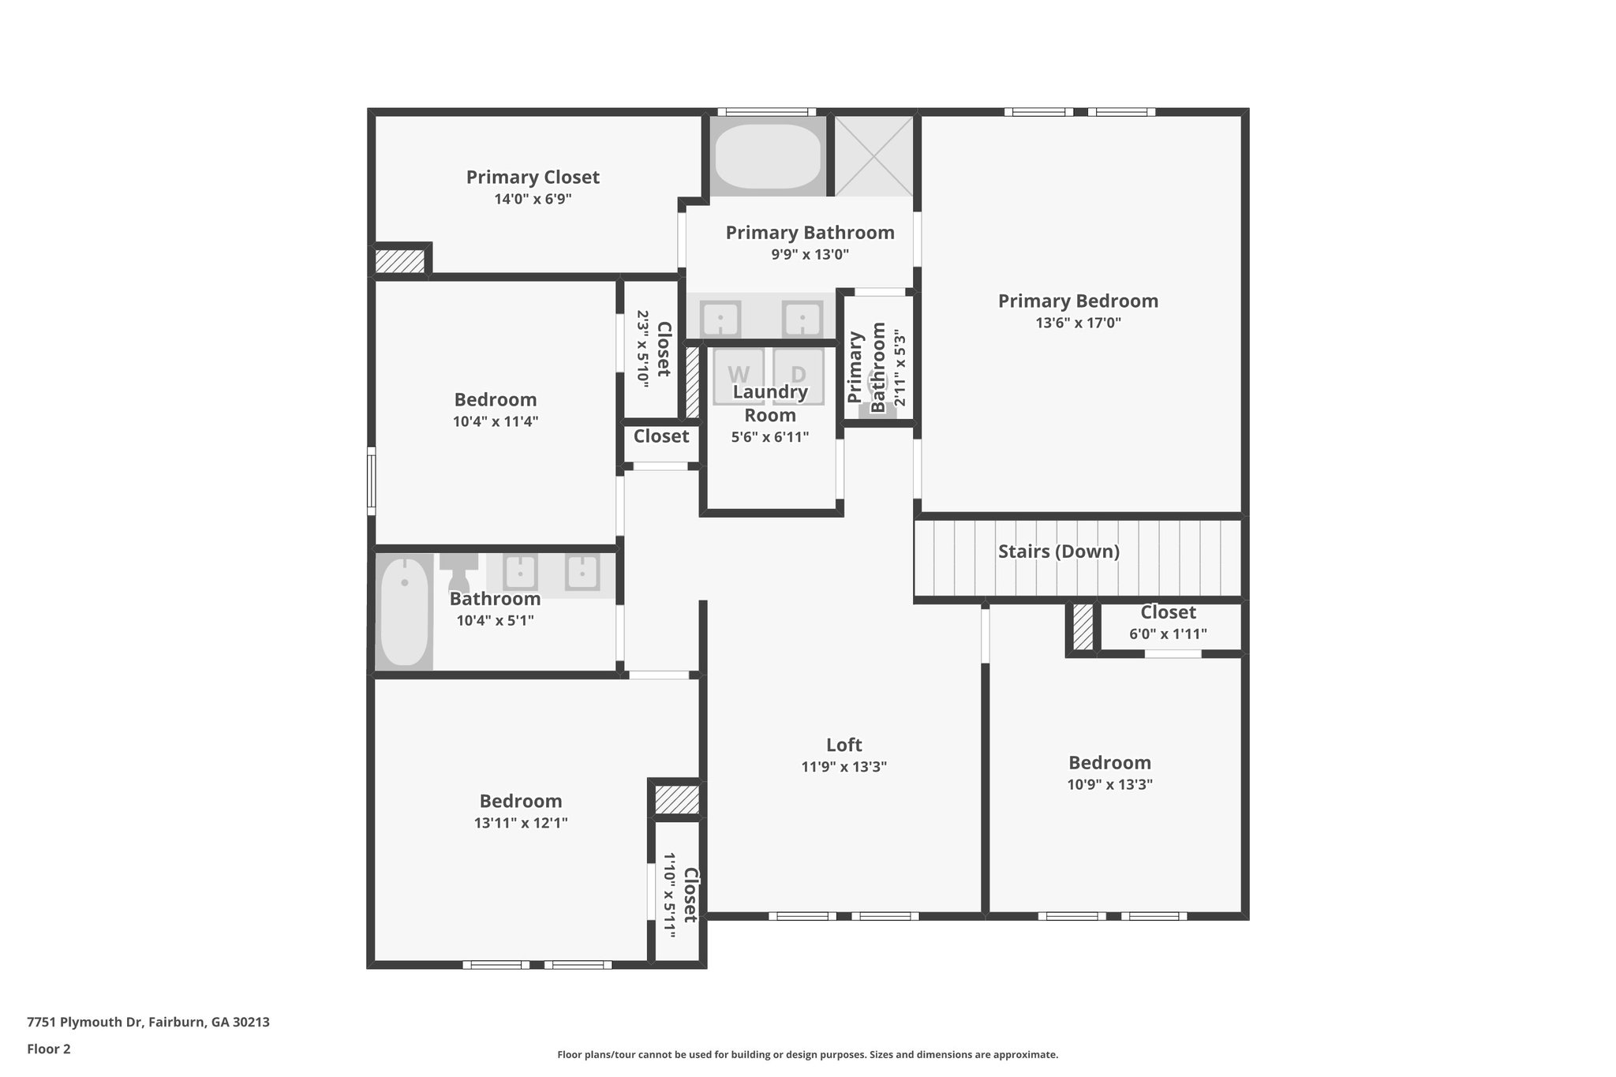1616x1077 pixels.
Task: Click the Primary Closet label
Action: coord(533,178)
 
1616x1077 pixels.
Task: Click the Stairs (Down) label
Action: coord(1058,552)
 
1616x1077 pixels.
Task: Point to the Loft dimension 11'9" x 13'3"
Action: coord(844,767)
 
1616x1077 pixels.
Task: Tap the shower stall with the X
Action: coord(873,156)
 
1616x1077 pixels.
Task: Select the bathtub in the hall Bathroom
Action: coord(404,611)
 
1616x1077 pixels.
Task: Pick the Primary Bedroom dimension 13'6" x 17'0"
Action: coord(1078,323)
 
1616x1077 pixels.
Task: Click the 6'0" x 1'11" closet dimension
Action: coord(1168,634)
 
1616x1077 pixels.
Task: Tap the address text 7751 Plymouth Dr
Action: coord(148,1022)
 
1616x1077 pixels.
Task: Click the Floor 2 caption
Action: coord(49,1049)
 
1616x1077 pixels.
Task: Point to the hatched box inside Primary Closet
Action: coord(399,261)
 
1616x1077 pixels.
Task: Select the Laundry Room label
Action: coord(770,403)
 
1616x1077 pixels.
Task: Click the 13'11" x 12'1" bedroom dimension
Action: coord(521,823)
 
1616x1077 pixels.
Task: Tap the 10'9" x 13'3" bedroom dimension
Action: coord(1109,784)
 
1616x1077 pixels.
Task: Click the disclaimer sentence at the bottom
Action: coord(807,1054)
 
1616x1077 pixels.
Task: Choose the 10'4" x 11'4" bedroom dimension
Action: coord(496,421)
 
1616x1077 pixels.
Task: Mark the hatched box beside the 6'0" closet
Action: coord(1083,627)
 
